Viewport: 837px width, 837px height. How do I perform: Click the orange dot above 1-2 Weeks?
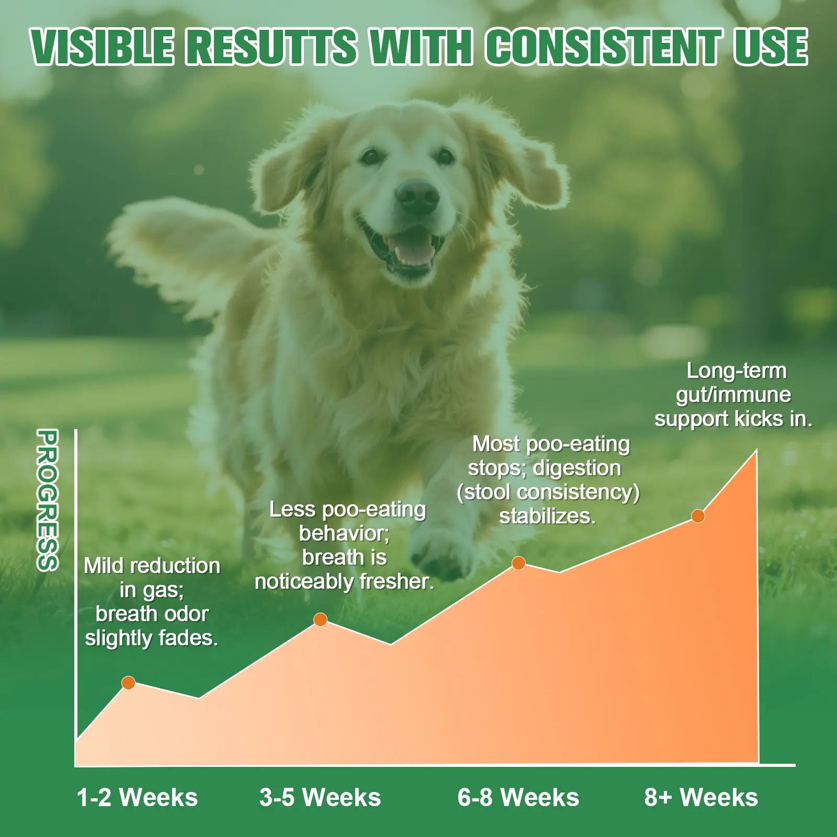pyautogui.click(x=128, y=683)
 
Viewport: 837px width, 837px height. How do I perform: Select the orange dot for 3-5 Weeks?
pyautogui.click(x=320, y=619)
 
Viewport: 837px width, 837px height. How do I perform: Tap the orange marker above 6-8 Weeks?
pyautogui.click(x=518, y=563)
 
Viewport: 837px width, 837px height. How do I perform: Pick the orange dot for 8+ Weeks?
pyautogui.click(x=698, y=516)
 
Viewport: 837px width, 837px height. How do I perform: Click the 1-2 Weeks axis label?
pyautogui.click(x=138, y=798)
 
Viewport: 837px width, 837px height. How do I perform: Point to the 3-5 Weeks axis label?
pyautogui.click(x=320, y=798)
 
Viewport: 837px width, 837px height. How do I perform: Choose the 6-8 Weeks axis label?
pyautogui.click(x=518, y=798)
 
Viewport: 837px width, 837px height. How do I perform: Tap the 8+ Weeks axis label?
pyautogui.click(x=701, y=798)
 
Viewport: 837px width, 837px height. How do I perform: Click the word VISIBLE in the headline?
pyautogui.click(x=102, y=47)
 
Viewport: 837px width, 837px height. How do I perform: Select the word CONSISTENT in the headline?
pyautogui.click(x=604, y=47)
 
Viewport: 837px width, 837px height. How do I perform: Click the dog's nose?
pyautogui.click(x=417, y=197)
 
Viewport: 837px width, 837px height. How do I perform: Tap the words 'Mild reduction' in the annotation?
pyautogui.click(x=152, y=565)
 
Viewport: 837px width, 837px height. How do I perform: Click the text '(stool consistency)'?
pyautogui.click(x=548, y=493)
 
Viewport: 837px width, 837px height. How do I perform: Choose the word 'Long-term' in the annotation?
pyautogui.click(x=737, y=371)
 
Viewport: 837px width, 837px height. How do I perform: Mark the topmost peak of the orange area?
pyautogui.click(x=756, y=450)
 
